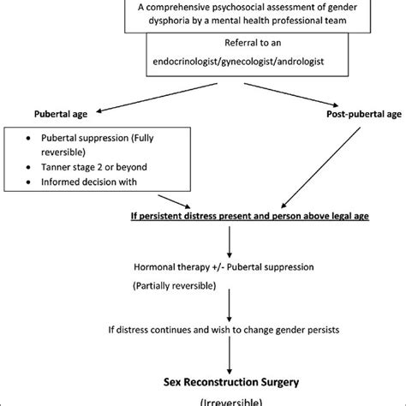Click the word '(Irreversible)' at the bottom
[x=229, y=401]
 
